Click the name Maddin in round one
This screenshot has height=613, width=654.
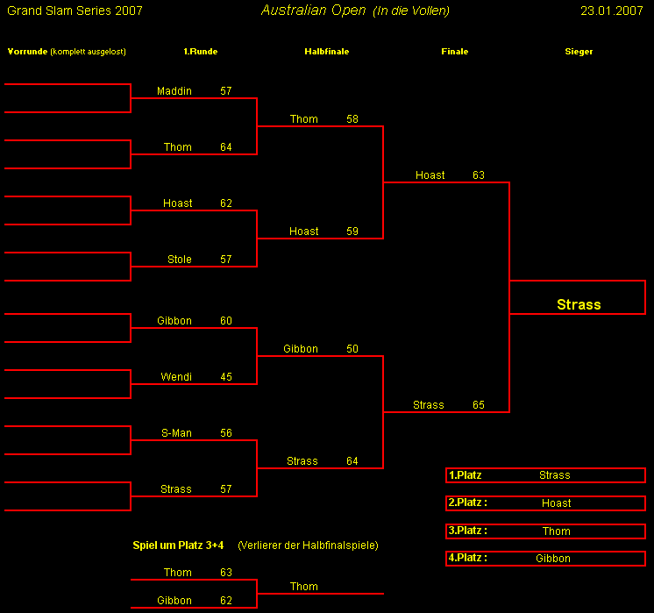tap(174, 91)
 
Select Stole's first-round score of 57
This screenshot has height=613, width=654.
tap(226, 260)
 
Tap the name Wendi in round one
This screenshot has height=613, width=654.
tap(175, 377)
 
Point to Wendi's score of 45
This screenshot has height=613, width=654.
tap(226, 377)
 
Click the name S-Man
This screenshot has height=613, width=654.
tap(176, 433)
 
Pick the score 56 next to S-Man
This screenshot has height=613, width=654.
tap(226, 433)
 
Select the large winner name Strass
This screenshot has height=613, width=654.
tap(579, 304)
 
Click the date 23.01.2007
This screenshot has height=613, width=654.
tap(612, 11)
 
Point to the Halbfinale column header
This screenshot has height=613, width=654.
tap(326, 52)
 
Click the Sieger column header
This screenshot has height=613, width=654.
tap(579, 52)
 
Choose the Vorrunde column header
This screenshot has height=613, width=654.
tap(25, 52)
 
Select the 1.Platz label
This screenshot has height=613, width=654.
tap(465, 475)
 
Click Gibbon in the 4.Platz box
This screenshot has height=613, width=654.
tap(552, 559)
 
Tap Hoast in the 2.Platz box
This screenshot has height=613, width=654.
tap(556, 503)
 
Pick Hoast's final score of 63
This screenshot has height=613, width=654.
tap(478, 175)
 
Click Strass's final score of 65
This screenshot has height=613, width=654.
tap(478, 405)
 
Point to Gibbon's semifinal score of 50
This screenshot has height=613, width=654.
tap(352, 349)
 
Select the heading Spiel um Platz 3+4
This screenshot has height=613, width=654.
tap(178, 545)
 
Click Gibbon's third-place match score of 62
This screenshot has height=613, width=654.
tap(226, 601)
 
